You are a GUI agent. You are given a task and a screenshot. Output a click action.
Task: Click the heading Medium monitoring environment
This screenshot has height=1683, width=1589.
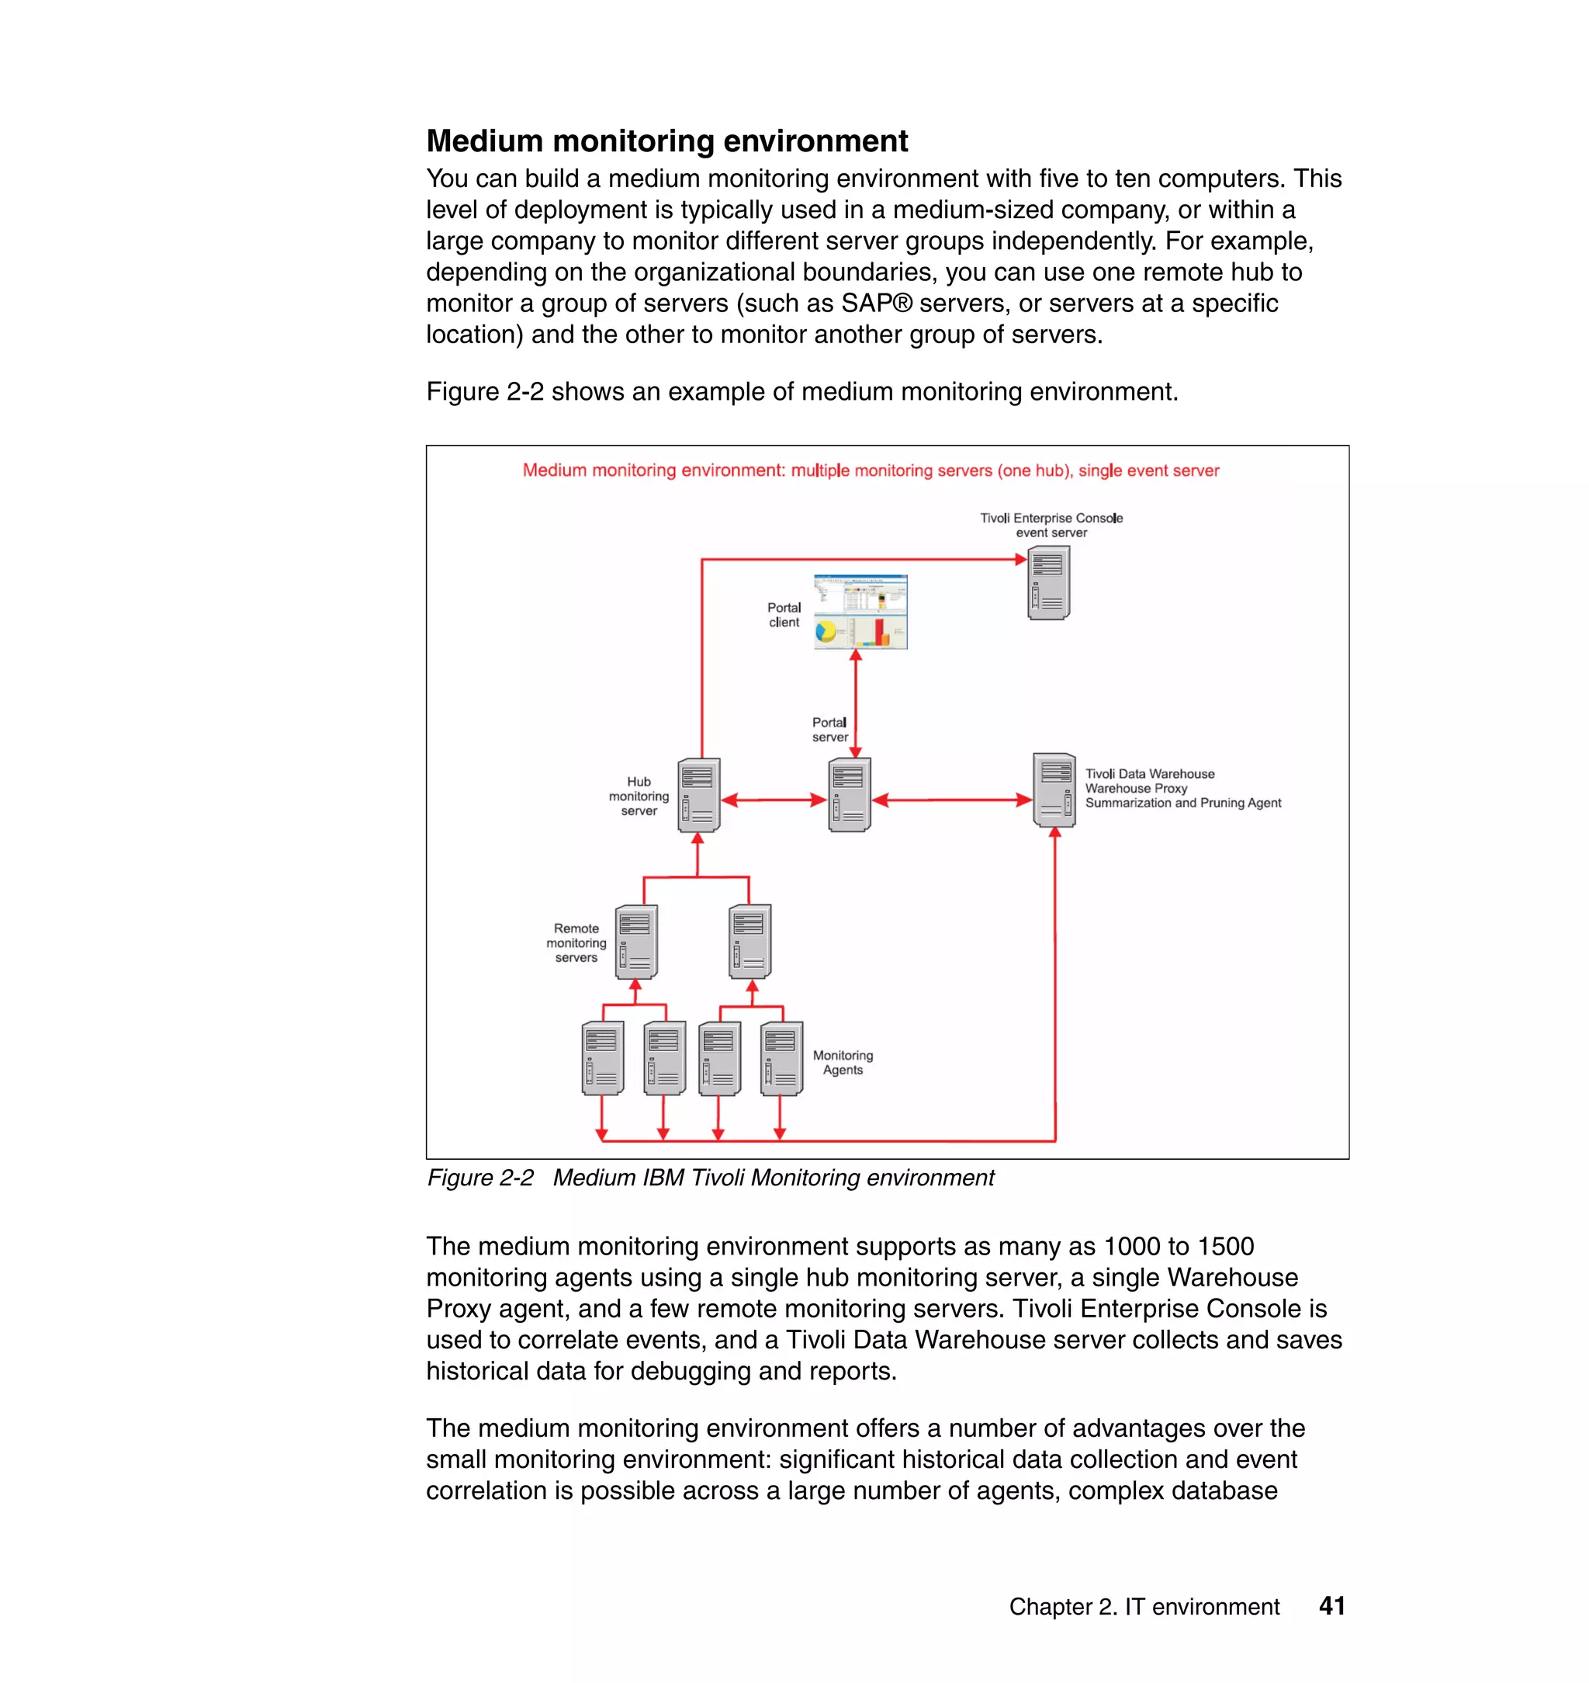coord(666,141)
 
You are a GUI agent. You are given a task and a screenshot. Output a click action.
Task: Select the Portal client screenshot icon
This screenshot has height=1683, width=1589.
coord(860,611)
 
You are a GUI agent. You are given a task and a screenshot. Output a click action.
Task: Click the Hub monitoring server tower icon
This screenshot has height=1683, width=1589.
coord(699,795)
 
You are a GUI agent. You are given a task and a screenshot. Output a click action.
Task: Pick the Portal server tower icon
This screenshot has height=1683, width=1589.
coord(849,795)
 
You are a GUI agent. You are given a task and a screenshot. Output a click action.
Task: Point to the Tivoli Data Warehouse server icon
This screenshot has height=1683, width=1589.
coord(1054,789)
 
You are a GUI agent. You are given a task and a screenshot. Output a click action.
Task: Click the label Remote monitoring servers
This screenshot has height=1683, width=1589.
coord(576,942)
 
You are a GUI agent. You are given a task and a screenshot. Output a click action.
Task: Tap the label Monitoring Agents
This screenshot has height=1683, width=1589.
coord(842,1062)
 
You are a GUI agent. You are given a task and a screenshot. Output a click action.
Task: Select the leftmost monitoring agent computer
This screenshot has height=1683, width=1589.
coord(602,1057)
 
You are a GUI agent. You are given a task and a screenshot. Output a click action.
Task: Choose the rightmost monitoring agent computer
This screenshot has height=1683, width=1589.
coord(781,1057)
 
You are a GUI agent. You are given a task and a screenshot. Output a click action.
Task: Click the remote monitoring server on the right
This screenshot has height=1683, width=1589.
coord(749,942)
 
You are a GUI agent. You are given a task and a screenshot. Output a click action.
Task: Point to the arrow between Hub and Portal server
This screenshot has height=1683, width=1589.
coord(774,799)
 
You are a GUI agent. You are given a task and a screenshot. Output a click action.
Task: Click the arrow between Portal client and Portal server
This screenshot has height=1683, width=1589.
coord(856,703)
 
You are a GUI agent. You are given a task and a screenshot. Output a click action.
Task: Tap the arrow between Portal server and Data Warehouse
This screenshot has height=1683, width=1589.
coord(951,799)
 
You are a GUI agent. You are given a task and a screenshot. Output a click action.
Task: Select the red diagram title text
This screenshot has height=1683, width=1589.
coord(870,470)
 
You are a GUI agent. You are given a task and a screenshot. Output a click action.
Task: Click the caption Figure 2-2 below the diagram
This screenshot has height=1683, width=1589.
coord(710,1177)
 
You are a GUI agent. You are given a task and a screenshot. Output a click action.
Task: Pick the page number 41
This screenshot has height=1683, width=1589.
coord(1331,1605)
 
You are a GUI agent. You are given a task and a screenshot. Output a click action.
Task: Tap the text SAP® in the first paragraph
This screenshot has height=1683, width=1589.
coord(876,304)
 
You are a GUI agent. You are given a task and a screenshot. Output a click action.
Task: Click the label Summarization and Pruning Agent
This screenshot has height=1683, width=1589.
coord(1182,803)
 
